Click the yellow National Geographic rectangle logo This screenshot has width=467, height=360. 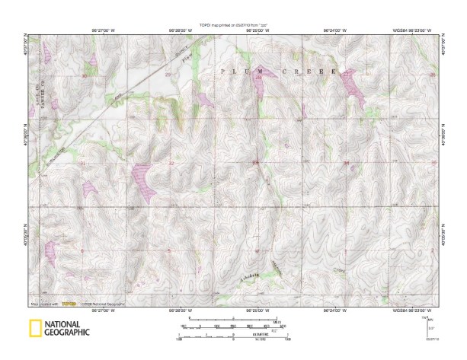34,329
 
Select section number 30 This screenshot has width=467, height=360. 83,76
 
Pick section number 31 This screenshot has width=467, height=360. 82,164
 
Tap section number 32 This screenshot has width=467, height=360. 171,164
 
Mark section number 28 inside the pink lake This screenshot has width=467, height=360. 259,77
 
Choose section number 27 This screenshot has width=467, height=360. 347,75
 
